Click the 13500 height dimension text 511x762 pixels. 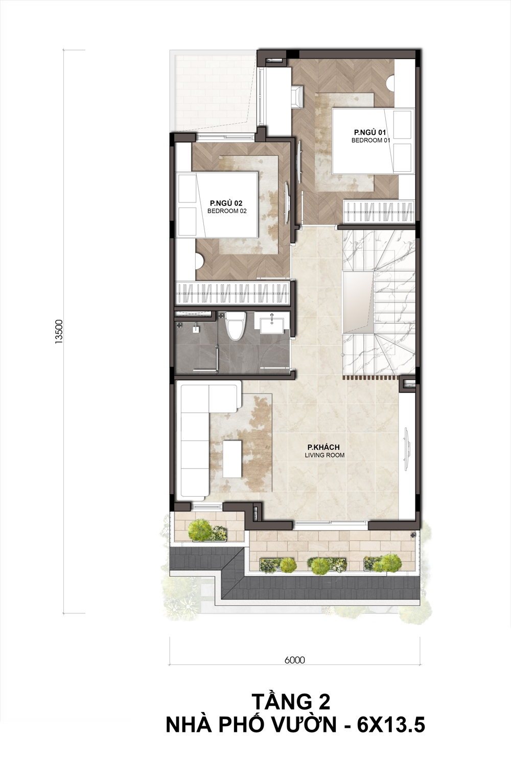59,332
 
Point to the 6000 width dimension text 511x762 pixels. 295,660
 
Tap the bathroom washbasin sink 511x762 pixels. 272,324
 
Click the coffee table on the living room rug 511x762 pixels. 233,458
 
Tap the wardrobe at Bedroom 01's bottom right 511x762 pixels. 379,212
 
